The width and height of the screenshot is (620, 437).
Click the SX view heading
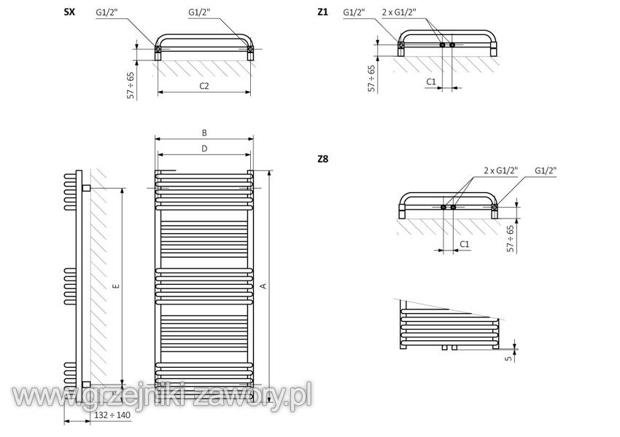tap(69, 12)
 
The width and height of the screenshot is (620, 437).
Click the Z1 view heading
tap(322, 12)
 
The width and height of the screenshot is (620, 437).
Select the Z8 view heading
tap(323, 159)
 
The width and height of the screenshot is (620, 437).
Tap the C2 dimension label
tap(204, 86)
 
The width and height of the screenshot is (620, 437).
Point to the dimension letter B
tap(204, 133)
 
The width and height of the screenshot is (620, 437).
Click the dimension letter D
tap(204, 149)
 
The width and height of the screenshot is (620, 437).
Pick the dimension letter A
tap(264, 286)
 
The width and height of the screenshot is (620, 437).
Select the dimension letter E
tap(116, 286)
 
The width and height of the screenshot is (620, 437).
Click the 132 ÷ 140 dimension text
tap(112, 415)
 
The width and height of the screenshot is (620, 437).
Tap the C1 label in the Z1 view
tap(431, 82)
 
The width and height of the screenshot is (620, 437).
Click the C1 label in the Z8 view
tap(465, 244)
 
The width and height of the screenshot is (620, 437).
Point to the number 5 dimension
tap(509, 358)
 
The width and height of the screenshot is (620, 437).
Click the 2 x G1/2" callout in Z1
tap(399, 12)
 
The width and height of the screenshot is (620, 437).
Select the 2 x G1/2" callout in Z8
tap(501, 170)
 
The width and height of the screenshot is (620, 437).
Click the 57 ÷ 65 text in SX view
tap(131, 85)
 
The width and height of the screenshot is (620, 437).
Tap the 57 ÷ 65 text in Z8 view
tap(511, 238)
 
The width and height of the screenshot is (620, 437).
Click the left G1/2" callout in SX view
tap(106, 12)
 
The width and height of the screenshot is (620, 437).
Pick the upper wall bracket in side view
tap(86, 188)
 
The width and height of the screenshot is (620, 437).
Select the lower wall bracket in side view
tap(86, 385)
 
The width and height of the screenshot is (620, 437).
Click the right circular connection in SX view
tap(250, 49)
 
